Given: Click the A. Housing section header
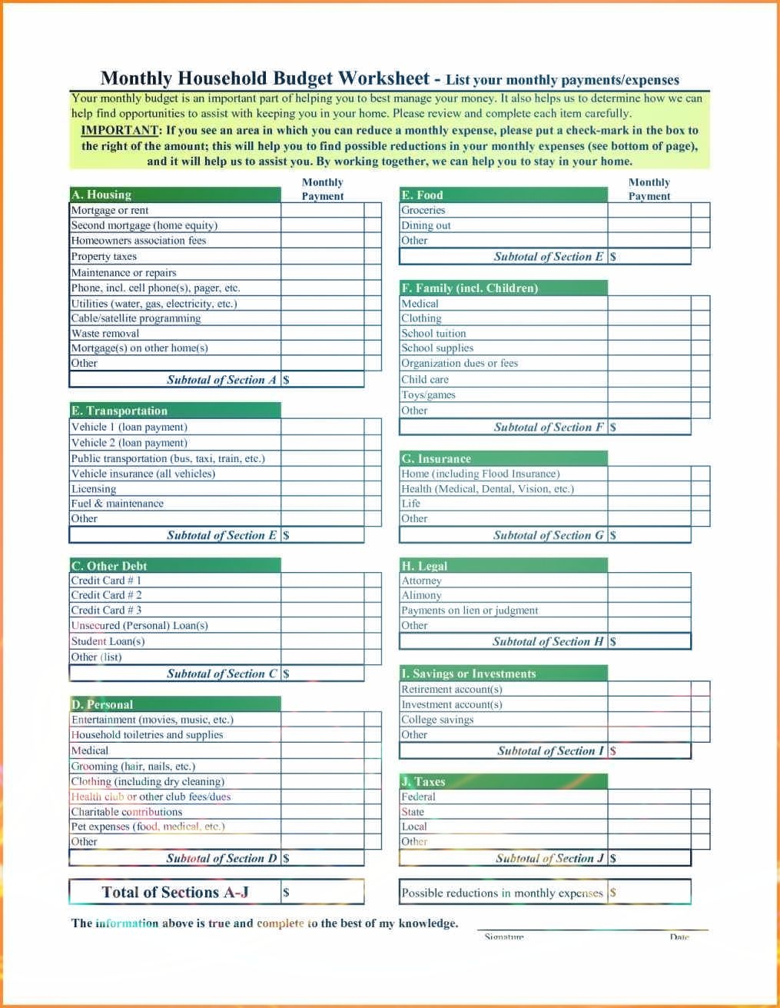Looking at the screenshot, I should [x=101, y=195].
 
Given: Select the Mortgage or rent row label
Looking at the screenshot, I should [x=110, y=210].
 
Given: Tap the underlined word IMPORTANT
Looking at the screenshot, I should [x=120, y=130].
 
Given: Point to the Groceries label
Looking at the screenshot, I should [x=423, y=210].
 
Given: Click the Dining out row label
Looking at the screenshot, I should [x=426, y=225].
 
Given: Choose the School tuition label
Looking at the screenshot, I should [x=433, y=334].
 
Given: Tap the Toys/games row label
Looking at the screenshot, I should [x=428, y=395].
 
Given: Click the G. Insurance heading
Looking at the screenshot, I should [x=436, y=458].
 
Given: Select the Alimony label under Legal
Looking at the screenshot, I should [x=421, y=595].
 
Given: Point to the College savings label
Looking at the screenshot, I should [x=437, y=720].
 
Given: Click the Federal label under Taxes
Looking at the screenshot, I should [x=418, y=797].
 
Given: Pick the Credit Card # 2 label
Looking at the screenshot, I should [x=106, y=595].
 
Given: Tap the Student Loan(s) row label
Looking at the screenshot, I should [x=108, y=641].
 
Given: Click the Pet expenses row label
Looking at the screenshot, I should [x=148, y=827].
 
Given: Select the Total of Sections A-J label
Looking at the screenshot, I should [x=175, y=893].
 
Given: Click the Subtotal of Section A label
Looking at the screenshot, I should [x=221, y=380].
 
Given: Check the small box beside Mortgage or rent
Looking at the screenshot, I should [x=373, y=210].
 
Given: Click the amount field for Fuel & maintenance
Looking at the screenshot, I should [x=322, y=504].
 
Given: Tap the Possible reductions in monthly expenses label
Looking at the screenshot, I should [x=502, y=893].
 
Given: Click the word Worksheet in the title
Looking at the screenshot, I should [x=384, y=78].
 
